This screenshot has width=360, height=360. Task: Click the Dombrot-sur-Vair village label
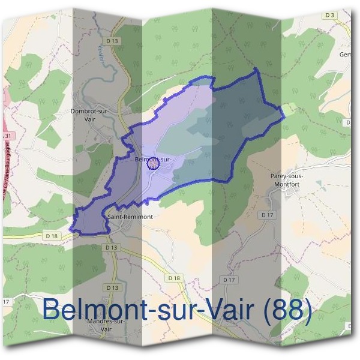click(89, 115)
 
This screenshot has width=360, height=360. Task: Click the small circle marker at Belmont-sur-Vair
click(152, 163)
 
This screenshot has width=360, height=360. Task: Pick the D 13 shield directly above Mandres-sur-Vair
click(112, 288)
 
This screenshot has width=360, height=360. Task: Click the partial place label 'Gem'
click(345, 55)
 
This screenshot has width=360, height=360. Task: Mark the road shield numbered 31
click(7, 137)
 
